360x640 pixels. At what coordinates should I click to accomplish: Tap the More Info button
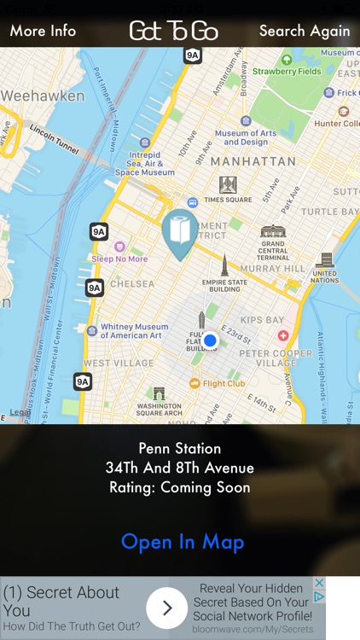pyautogui.click(x=43, y=31)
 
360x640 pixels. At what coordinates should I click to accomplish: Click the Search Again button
pyautogui.click(x=305, y=31)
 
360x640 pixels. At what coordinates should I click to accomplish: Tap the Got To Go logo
pyautogui.click(x=174, y=32)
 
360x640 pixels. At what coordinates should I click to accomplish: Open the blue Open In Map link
pyautogui.click(x=183, y=542)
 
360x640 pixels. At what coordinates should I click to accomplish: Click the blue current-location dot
pyautogui.click(x=210, y=340)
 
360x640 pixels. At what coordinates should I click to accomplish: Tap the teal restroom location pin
pyautogui.click(x=180, y=233)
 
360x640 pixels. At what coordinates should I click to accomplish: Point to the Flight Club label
pyautogui.click(x=224, y=384)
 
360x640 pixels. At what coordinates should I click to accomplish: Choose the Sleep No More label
pyautogui.click(x=119, y=259)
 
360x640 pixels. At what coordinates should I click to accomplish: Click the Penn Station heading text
pyautogui.click(x=180, y=448)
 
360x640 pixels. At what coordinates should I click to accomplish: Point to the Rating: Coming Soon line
pyautogui.click(x=180, y=488)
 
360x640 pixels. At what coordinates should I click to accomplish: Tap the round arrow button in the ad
pyautogui.click(x=166, y=608)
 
